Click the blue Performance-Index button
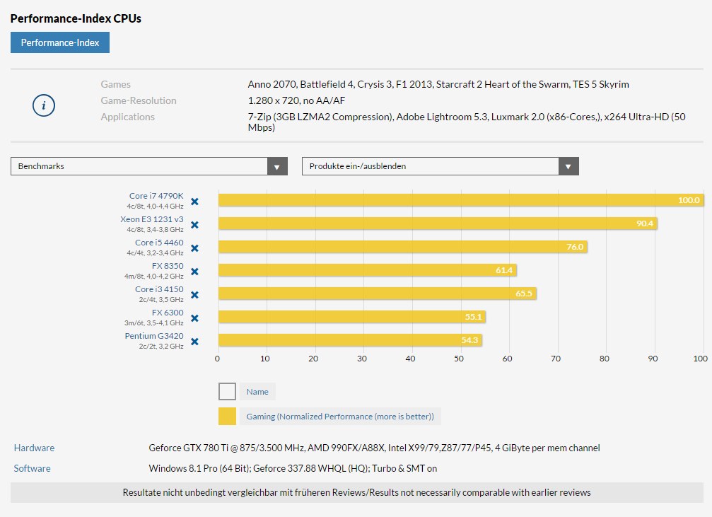(60, 42)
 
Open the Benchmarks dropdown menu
(148, 166)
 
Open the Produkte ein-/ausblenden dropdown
(440, 166)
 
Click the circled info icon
(44, 106)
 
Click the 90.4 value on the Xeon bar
(645, 223)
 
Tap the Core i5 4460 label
(159, 243)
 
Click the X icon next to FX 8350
(194, 272)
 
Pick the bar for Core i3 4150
(377, 294)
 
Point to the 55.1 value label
(473, 317)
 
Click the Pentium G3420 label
(154, 336)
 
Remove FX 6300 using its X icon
(194, 318)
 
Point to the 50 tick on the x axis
(459, 359)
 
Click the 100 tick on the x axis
(700, 359)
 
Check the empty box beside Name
(227, 392)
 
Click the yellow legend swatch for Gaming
(227, 417)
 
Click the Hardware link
(34, 448)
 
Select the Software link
(33, 468)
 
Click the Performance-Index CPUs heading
(76, 18)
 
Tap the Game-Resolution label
(139, 100)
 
